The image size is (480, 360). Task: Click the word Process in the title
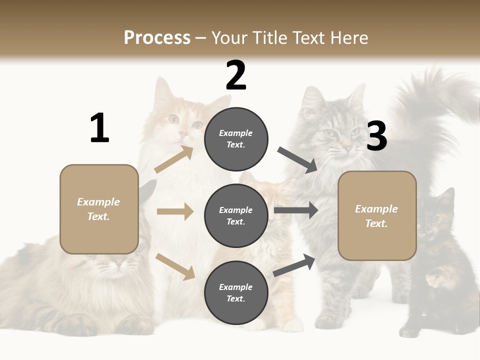[x=157, y=38]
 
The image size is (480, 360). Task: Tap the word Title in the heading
[x=268, y=38]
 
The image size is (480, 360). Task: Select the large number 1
[x=99, y=128]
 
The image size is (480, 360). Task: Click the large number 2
[x=236, y=75]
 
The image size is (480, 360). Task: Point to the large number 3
[x=376, y=136]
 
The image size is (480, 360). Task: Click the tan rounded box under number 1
[x=99, y=209]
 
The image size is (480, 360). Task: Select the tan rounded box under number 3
[x=377, y=215]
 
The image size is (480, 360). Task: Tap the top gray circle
[x=236, y=139]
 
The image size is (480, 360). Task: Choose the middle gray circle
[x=236, y=216]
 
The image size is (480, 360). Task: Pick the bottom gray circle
[x=236, y=293]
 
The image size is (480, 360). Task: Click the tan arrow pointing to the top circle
[x=174, y=159]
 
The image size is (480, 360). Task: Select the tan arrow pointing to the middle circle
[x=175, y=211]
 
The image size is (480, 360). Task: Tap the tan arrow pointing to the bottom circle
[x=175, y=266]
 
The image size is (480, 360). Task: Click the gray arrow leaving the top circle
[x=297, y=160]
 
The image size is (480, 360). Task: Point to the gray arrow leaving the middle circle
[x=296, y=210]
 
